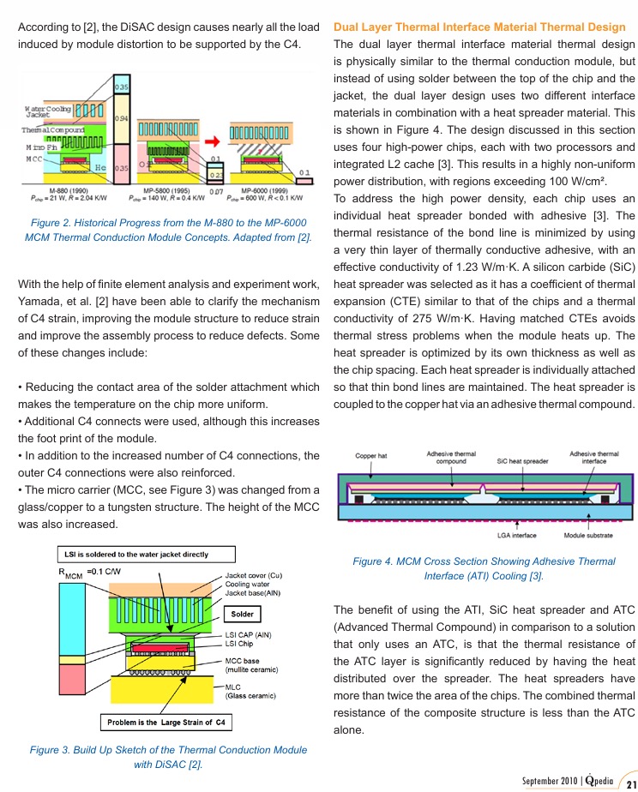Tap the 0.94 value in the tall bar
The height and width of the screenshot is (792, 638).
tap(122, 118)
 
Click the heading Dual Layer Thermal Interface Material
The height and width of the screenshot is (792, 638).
tap(479, 27)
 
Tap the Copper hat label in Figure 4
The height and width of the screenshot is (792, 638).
tap(371, 456)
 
